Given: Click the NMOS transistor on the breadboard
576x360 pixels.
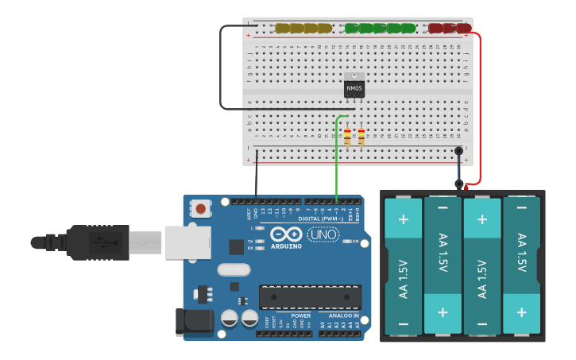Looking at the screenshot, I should coord(354,86).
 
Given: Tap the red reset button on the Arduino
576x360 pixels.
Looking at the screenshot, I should coord(200,209).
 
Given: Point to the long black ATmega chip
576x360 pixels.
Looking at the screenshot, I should coord(310,296).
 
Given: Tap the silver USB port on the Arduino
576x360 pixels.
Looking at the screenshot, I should coord(187,242).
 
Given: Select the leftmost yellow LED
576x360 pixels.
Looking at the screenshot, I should coord(282,29).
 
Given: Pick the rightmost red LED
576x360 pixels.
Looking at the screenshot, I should coord(463,29).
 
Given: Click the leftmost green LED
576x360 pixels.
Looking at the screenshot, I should coord(352,29).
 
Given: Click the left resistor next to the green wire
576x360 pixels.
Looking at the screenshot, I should coord(347,137).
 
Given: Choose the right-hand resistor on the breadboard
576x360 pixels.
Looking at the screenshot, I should coord(361,137).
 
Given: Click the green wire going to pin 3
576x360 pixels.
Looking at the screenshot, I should coord(337,159).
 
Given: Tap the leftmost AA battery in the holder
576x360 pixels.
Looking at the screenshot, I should coord(403,266).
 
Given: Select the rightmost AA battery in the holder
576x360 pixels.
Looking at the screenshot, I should coord(521,266).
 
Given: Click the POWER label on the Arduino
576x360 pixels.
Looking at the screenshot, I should coord(300,315).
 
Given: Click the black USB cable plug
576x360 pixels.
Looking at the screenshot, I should coord(95,242).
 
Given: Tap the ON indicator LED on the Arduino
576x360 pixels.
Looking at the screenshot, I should coord(346,242).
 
